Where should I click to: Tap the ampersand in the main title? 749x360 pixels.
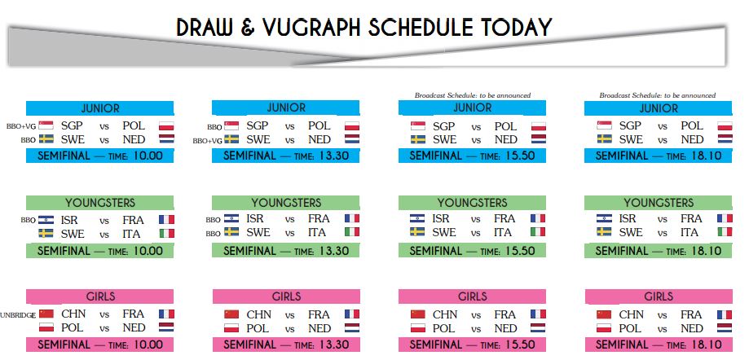(x=248, y=28)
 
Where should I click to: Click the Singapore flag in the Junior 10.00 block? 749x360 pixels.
(x=46, y=125)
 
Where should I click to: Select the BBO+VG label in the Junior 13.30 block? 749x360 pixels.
(x=207, y=141)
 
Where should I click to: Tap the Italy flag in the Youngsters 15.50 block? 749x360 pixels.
(x=538, y=232)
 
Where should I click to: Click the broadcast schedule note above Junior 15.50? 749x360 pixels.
(x=473, y=95)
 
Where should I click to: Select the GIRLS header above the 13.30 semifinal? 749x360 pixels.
(x=287, y=296)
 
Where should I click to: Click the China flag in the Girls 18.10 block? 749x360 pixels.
(x=604, y=314)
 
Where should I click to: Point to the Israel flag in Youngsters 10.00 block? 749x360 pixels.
(x=46, y=220)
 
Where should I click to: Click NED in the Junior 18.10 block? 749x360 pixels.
(x=692, y=140)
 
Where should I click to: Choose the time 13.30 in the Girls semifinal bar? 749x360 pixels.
(x=333, y=345)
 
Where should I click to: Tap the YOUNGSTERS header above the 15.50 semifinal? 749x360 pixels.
(x=473, y=203)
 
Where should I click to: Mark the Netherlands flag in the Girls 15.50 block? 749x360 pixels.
(x=538, y=328)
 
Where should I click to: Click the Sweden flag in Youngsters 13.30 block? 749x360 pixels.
(x=231, y=232)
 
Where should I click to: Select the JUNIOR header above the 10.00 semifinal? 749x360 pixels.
(x=100, y=108)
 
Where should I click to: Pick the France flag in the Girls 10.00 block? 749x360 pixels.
(x=166, y=314)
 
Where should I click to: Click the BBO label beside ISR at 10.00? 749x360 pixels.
(x=29, y=221)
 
